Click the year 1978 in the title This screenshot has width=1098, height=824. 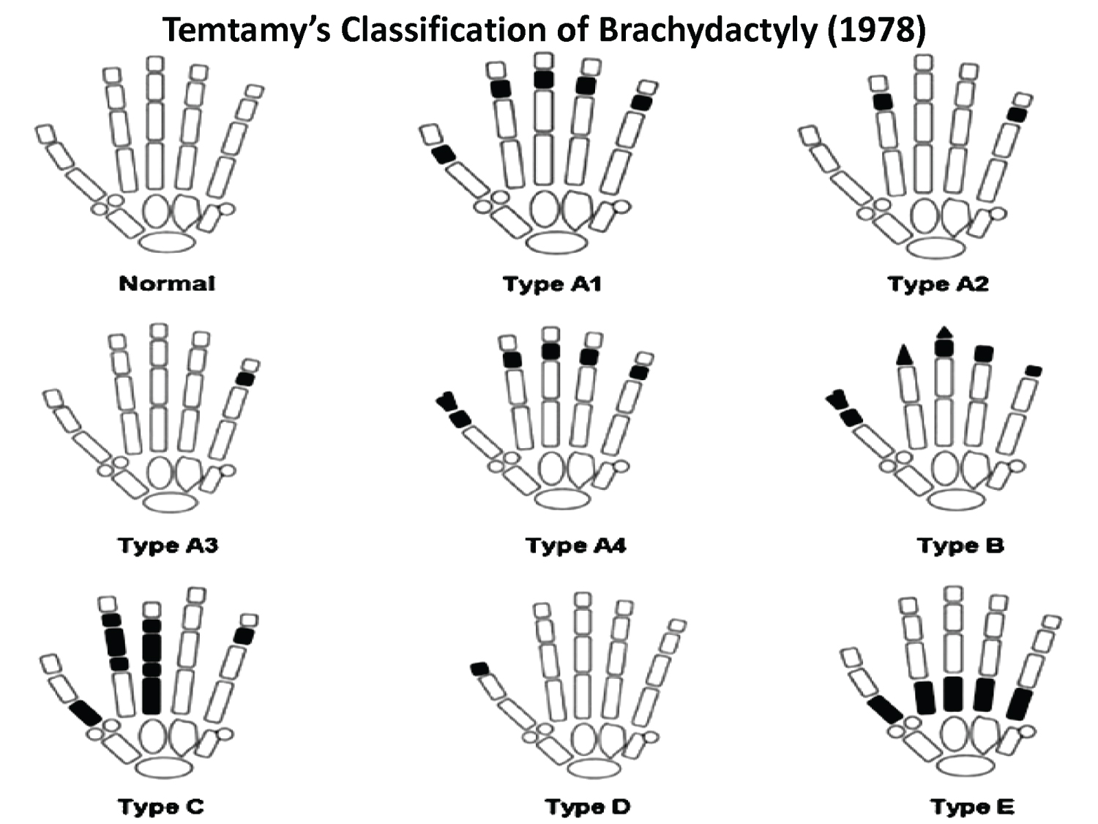tap(875, 30)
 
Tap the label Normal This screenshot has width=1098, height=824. tap(167, 283)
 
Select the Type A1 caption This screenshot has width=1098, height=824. tap(552, 284)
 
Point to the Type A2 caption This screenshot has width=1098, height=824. tap(938, 284)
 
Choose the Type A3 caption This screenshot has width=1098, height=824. tap(168, 546)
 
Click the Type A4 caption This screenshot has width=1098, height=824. tap(576, 546)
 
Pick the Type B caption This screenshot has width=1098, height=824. tap(960, 546)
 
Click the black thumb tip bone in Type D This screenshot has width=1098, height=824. tap(479, 669)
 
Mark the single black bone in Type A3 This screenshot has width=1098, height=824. tap(245, 379)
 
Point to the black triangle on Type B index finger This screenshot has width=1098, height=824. tap(904, 355)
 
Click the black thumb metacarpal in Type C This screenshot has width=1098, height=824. tap(86, 713)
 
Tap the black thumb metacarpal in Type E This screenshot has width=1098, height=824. tap(885, 710)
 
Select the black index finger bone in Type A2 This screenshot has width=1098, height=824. tap(883, 102)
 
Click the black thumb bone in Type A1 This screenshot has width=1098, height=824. tap(443, 155)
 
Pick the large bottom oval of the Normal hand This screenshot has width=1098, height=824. tap(167, 242)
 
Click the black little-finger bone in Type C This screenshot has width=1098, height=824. tap(244, 636)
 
